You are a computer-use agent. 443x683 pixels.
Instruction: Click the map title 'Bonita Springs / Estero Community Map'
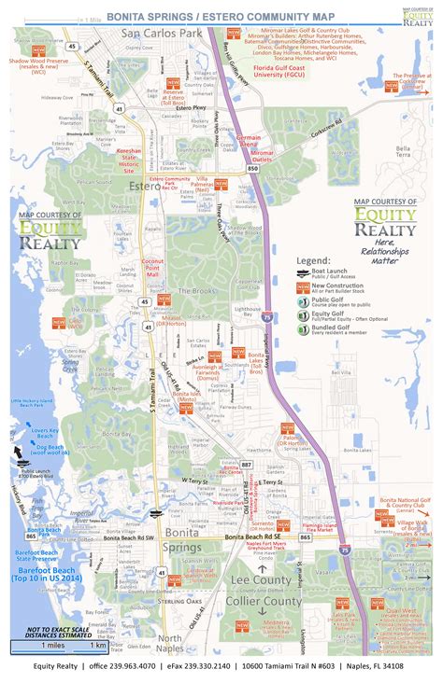[233, 16]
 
